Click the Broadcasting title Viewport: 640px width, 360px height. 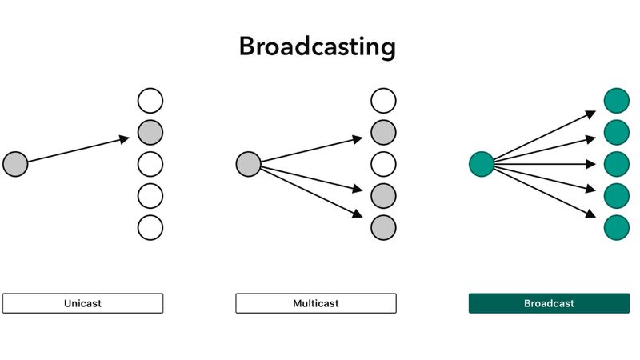click(318, 46)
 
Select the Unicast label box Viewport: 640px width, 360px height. click(82, 303)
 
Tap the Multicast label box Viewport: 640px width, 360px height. click(315, 303)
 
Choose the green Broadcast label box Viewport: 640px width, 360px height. click(549, 303)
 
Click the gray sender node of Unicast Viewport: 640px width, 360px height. click(15, 164)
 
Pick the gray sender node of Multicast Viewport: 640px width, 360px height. click(248, 164)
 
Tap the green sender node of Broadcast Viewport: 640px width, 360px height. click(481, 164)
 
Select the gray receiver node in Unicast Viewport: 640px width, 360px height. click(150, 132)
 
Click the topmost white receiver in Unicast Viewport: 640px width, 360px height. click(150, 101)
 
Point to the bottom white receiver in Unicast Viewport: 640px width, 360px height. click(150, 227)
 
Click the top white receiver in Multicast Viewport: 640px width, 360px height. click(383, 101)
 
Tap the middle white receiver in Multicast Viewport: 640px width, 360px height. click(383, 164)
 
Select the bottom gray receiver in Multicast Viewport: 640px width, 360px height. click(383, 227)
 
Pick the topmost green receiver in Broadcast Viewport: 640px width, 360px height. click(616, 101)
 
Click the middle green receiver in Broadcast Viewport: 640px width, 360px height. click(616, 164)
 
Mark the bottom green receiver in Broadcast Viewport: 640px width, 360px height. click(616, 227)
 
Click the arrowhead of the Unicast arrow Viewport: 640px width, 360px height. click(124, 139)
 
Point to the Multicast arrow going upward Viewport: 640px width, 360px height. click(312, 150)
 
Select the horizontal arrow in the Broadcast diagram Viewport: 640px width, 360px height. click(544, 164)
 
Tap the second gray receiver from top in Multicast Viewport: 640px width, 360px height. click(383, 195)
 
